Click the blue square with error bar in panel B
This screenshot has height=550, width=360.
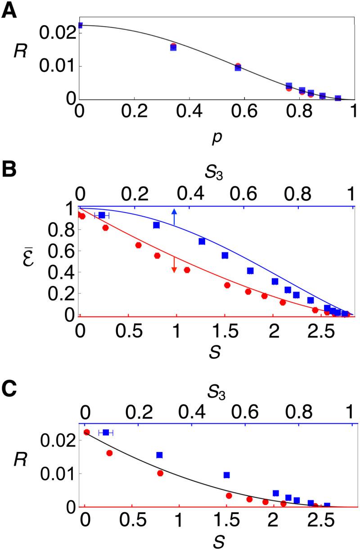coord(102,215)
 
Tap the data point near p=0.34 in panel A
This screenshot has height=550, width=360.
coord(173,47)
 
